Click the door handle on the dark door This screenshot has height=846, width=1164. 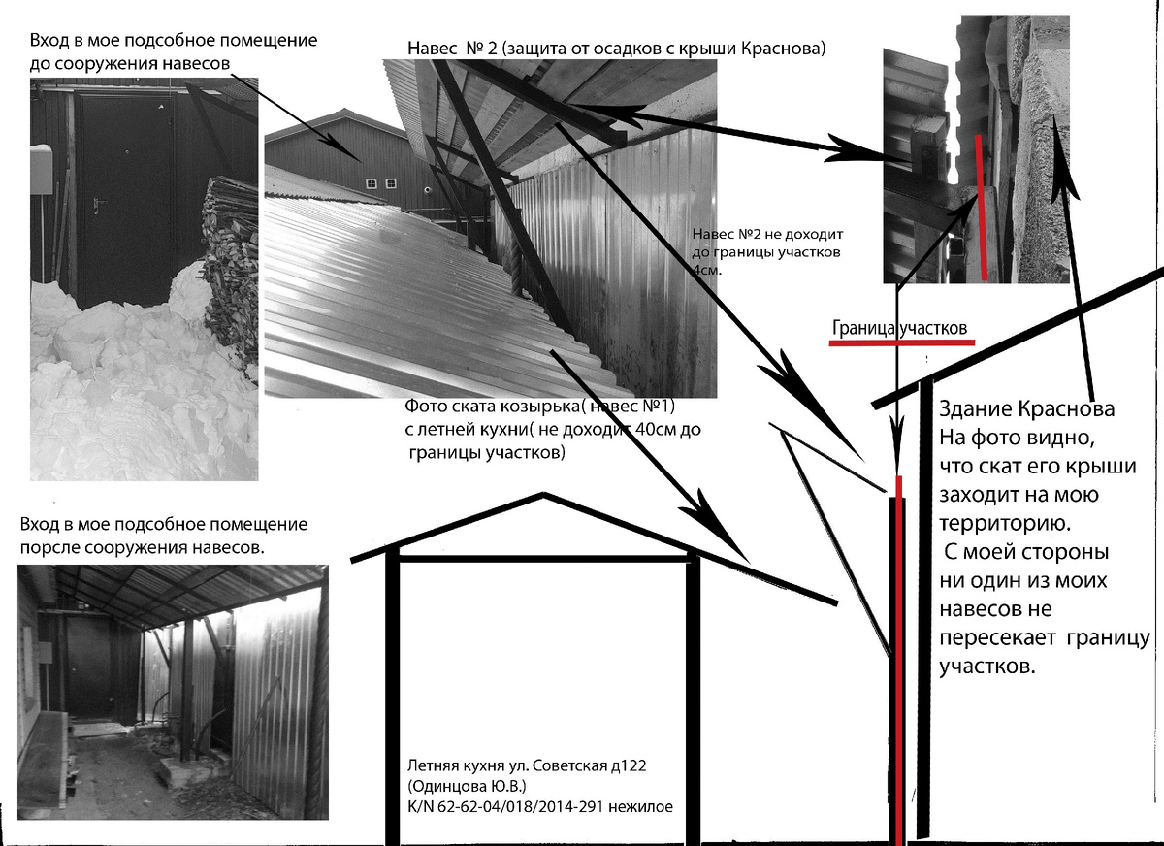(x=98, y=205)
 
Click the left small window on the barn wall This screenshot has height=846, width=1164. (x=371, y=183)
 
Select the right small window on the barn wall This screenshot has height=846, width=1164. (x=390, y=183)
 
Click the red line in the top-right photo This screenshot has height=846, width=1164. (x=982, y=208)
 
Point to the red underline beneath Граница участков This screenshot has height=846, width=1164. (x=901, y=342)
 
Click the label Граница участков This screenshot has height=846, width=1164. (x=899, y=328)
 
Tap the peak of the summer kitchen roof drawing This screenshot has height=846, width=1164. (x=543, y=494)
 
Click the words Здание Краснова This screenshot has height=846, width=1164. (x=1027, y=409)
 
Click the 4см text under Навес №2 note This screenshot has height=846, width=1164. (x=707, y=270)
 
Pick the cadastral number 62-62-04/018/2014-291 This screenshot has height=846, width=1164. (x=521, y=806)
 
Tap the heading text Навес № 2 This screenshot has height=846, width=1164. (x=453, y=49)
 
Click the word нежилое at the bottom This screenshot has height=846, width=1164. (x=641, y=807)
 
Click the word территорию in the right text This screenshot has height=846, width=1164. (x=1005, y=524)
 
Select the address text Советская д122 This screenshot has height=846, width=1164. (x=590, y=765)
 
